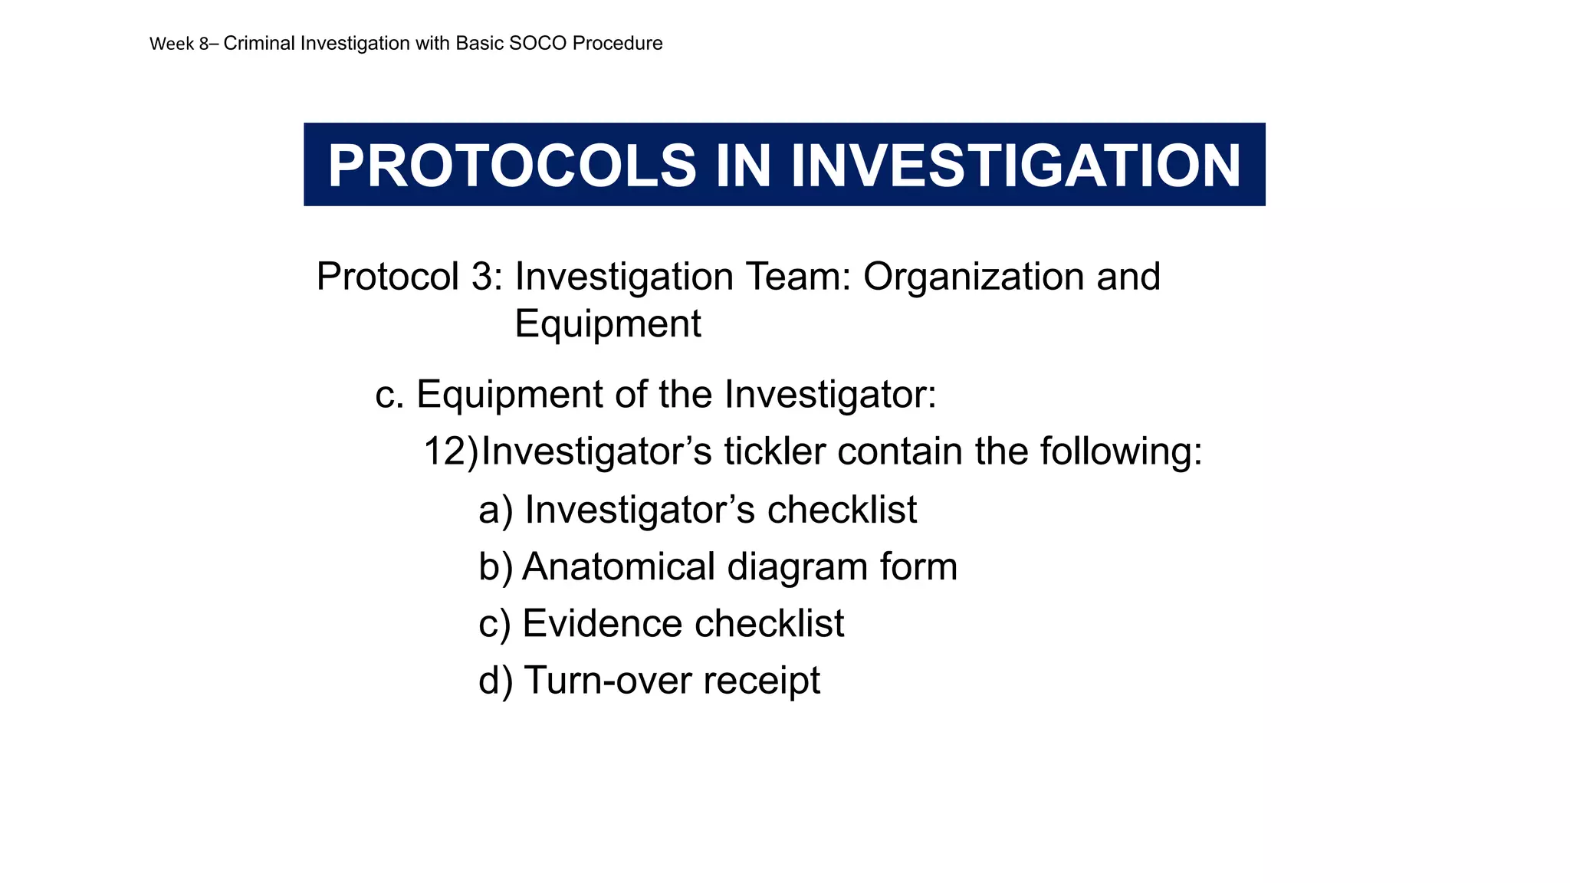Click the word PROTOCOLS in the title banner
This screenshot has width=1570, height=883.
tap(511, 166)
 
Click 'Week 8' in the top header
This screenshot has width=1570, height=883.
tap(179, 44)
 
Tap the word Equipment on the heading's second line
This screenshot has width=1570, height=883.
tap(607, 323)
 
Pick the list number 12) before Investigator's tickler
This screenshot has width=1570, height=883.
tap(450, 451)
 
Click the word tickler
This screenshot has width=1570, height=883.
tap(774, 451)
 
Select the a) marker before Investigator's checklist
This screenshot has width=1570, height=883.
tap(495, 510)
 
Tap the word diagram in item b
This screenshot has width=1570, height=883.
tap(797, 567)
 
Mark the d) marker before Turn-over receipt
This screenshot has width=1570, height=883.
tap(495, 681)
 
